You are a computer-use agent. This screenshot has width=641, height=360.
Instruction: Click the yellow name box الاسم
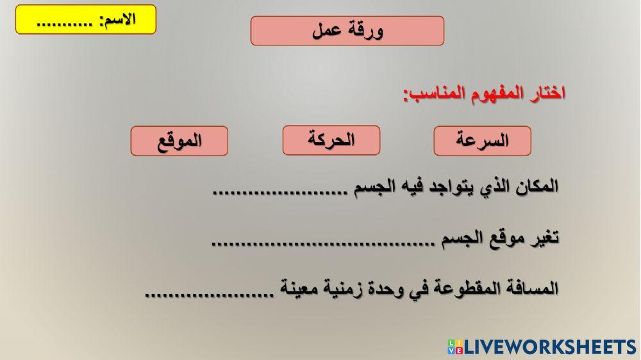point(85,19)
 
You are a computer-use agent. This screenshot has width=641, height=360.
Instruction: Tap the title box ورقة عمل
point(347,31)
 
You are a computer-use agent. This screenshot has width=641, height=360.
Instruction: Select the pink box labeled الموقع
point(179,141)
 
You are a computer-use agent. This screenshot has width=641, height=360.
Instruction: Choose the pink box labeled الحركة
point(331,140)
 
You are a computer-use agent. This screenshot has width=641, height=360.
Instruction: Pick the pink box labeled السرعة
point(482,141)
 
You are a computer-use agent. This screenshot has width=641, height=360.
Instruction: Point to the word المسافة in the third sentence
point(529,288)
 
